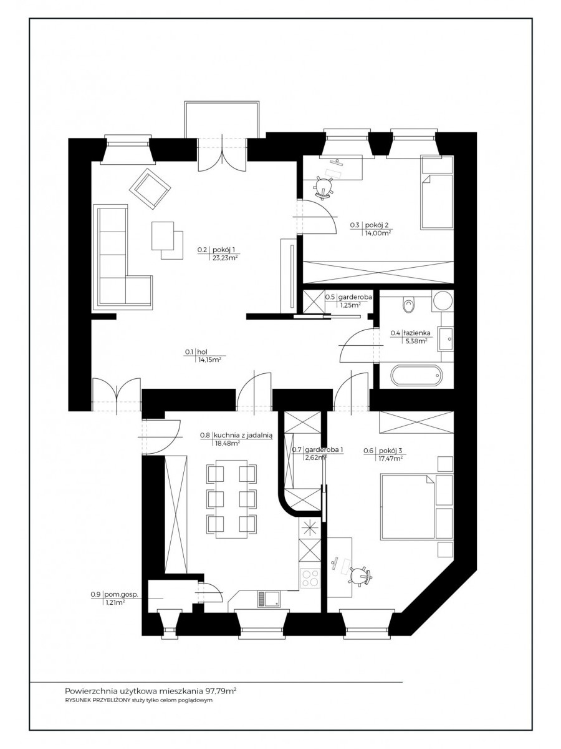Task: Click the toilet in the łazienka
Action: point(408,304)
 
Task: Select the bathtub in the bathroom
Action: point(416,376)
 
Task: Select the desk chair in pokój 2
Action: point(324,185)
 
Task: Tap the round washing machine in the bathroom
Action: point(443,301)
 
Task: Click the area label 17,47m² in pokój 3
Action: point(389,458)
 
